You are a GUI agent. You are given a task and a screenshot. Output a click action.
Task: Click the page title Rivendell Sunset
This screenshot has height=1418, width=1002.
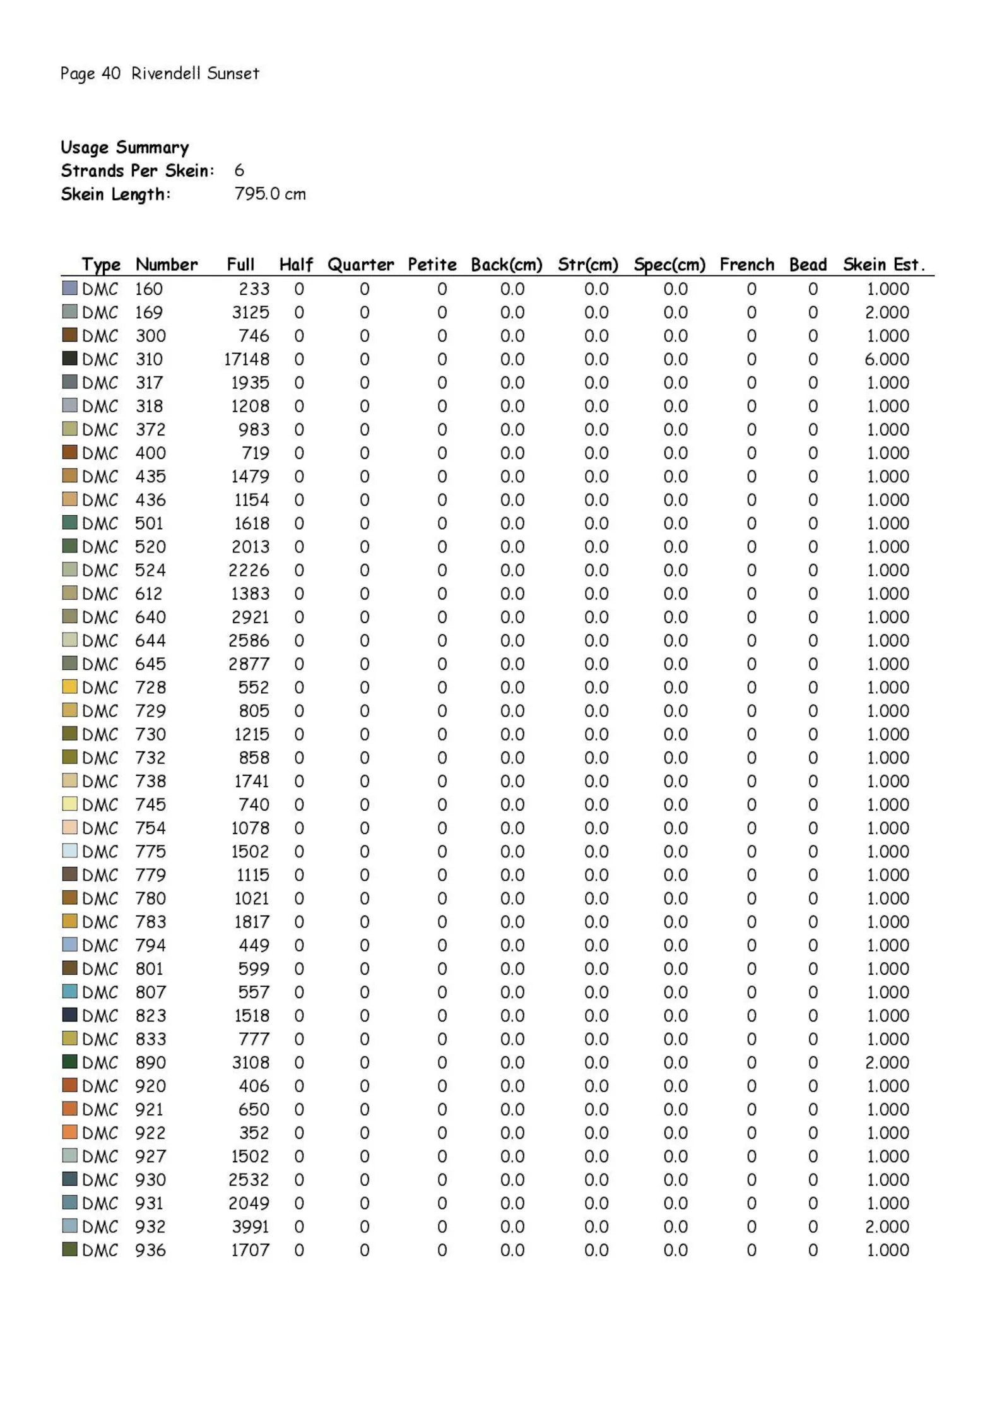195,73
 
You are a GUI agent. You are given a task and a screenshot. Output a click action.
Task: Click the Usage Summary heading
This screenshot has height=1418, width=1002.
125,147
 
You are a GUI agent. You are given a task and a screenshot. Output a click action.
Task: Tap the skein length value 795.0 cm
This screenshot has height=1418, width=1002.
270,194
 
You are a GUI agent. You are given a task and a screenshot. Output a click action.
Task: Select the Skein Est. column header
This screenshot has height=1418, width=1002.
883,265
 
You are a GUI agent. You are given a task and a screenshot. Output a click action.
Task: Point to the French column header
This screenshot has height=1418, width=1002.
746,265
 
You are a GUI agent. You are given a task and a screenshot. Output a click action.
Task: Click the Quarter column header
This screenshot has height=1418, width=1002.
360,265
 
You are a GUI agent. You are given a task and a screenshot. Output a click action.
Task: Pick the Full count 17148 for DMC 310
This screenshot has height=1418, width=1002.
247,359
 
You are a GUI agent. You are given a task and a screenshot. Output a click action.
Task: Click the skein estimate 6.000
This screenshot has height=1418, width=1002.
887,359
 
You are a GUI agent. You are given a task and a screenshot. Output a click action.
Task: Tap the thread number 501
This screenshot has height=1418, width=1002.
150,523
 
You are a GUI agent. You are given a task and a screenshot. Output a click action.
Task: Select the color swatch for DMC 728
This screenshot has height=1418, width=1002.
69,686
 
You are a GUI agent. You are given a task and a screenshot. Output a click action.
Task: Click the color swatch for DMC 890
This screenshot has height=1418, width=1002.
69,1061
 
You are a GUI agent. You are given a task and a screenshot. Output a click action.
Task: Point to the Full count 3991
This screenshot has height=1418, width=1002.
250,1226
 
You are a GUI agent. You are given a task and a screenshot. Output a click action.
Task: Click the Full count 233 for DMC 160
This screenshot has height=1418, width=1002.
254,289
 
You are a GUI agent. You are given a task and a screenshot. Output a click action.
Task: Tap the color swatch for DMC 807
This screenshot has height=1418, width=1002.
69,991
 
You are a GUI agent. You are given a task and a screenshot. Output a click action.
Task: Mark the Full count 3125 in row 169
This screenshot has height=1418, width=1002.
250,313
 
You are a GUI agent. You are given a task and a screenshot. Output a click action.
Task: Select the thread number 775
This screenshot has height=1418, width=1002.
150,851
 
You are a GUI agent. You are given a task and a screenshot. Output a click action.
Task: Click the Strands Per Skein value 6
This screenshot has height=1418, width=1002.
239,170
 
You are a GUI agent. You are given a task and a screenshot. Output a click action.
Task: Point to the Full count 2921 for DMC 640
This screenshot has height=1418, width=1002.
250,617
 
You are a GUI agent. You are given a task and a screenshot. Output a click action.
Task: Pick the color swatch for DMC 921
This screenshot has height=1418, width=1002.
69,1108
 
